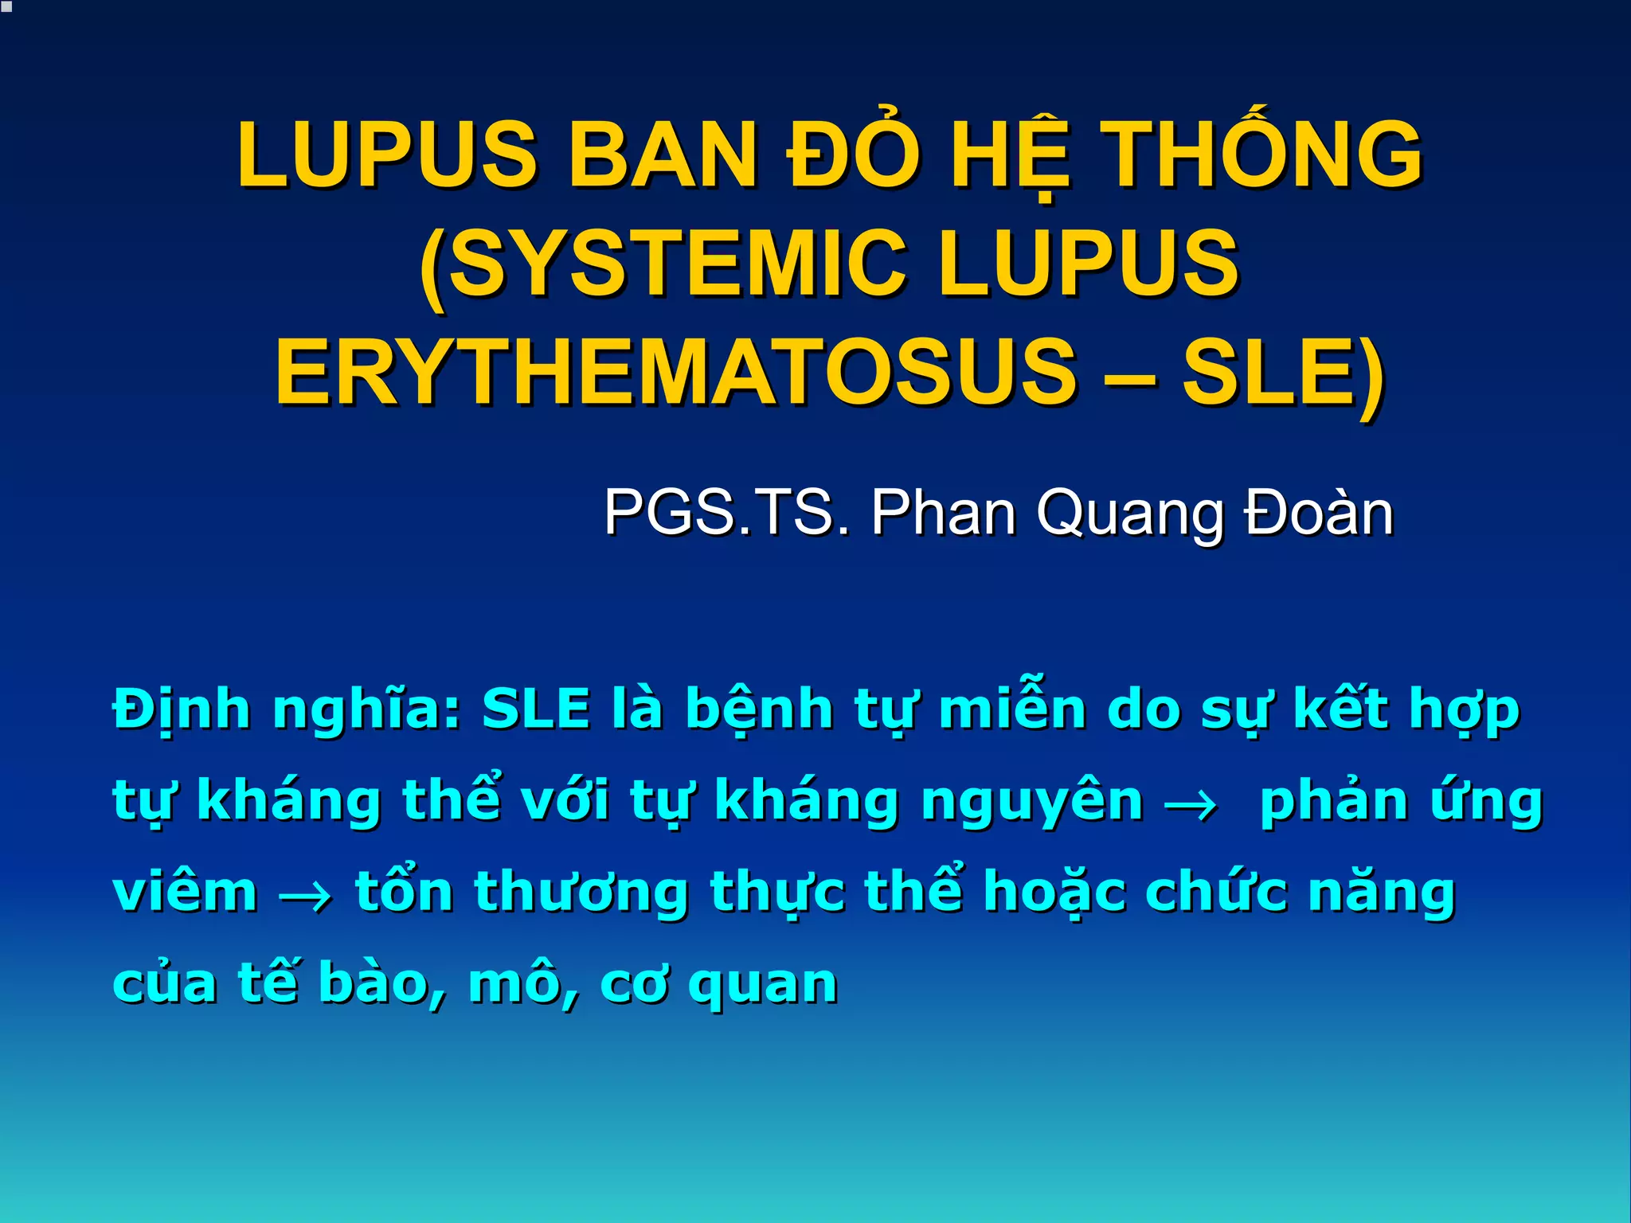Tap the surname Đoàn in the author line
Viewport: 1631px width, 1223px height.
[1319, 512]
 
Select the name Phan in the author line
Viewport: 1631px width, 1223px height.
[944, 512]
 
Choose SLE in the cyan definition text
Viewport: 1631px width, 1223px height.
[536, 709]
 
